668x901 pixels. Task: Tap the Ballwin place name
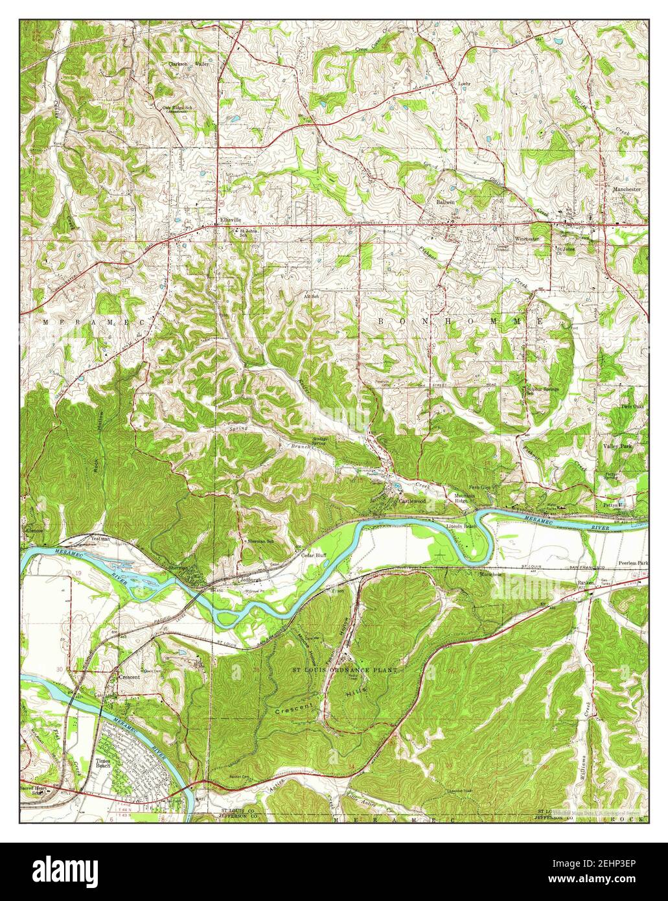tap(444, 202)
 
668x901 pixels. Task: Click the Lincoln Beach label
tap(461, 526)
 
